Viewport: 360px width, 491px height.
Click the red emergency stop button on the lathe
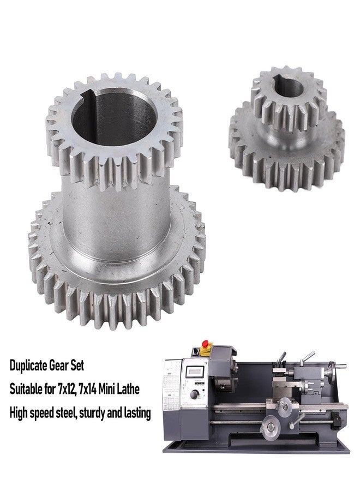pos(206,344)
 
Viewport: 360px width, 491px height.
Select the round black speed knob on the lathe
pos(194,394)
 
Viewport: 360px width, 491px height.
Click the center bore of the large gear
pos(113,118)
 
